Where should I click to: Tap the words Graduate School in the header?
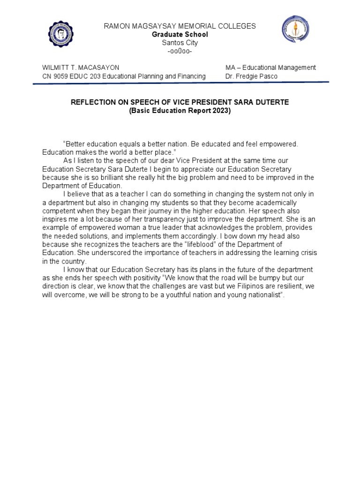pyautogui.click(x=180, y=35)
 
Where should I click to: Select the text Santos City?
pyautogui.click(x=180, y=43)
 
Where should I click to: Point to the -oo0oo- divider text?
pyautogui.click(x=180, y=51)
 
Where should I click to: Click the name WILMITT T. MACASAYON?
pyautogui.click(x=81, y=67)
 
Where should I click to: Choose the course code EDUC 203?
pyautogui.click(x=86, y=76)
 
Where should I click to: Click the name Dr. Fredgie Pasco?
pyautogui.click(x=251, y=76)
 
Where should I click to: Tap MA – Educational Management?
pyautogui.click(x=270, y=67)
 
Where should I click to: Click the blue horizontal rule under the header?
pyautogui.click(x=180, y=83)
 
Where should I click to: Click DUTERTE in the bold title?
pyautogui.click(x=270, y=102)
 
